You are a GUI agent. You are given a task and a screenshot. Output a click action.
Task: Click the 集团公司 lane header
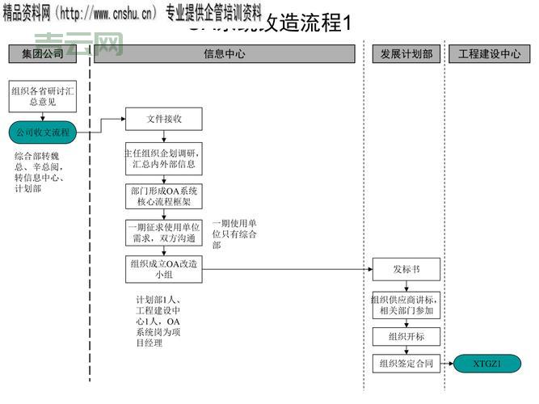(x=42, y=54)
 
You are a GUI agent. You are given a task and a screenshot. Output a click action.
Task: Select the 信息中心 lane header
(x=224, y=54)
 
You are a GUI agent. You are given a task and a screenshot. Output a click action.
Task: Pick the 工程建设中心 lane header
(x=489, y=54)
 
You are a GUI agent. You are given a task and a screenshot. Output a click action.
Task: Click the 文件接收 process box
(x=163, y=119)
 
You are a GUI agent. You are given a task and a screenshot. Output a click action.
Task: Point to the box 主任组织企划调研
(x=163, y=159)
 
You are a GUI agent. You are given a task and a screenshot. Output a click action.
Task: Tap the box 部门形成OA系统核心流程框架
(x=163, y=197)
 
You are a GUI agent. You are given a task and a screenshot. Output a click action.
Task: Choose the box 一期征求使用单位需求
(x=163, y=234)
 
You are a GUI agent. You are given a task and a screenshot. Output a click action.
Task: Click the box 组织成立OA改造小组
(x=163, y=269)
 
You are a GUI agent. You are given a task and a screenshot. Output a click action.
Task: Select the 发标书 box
(x=406, y=269)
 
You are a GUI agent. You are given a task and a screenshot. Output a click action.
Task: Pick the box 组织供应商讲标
(x=406, y=305)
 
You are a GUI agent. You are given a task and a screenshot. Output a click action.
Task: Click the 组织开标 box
(x=406, y=337)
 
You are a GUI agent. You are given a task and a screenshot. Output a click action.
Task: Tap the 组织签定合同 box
(x=406, y=364)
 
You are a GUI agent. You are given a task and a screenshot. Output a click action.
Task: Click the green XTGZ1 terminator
(x=487, y=364)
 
